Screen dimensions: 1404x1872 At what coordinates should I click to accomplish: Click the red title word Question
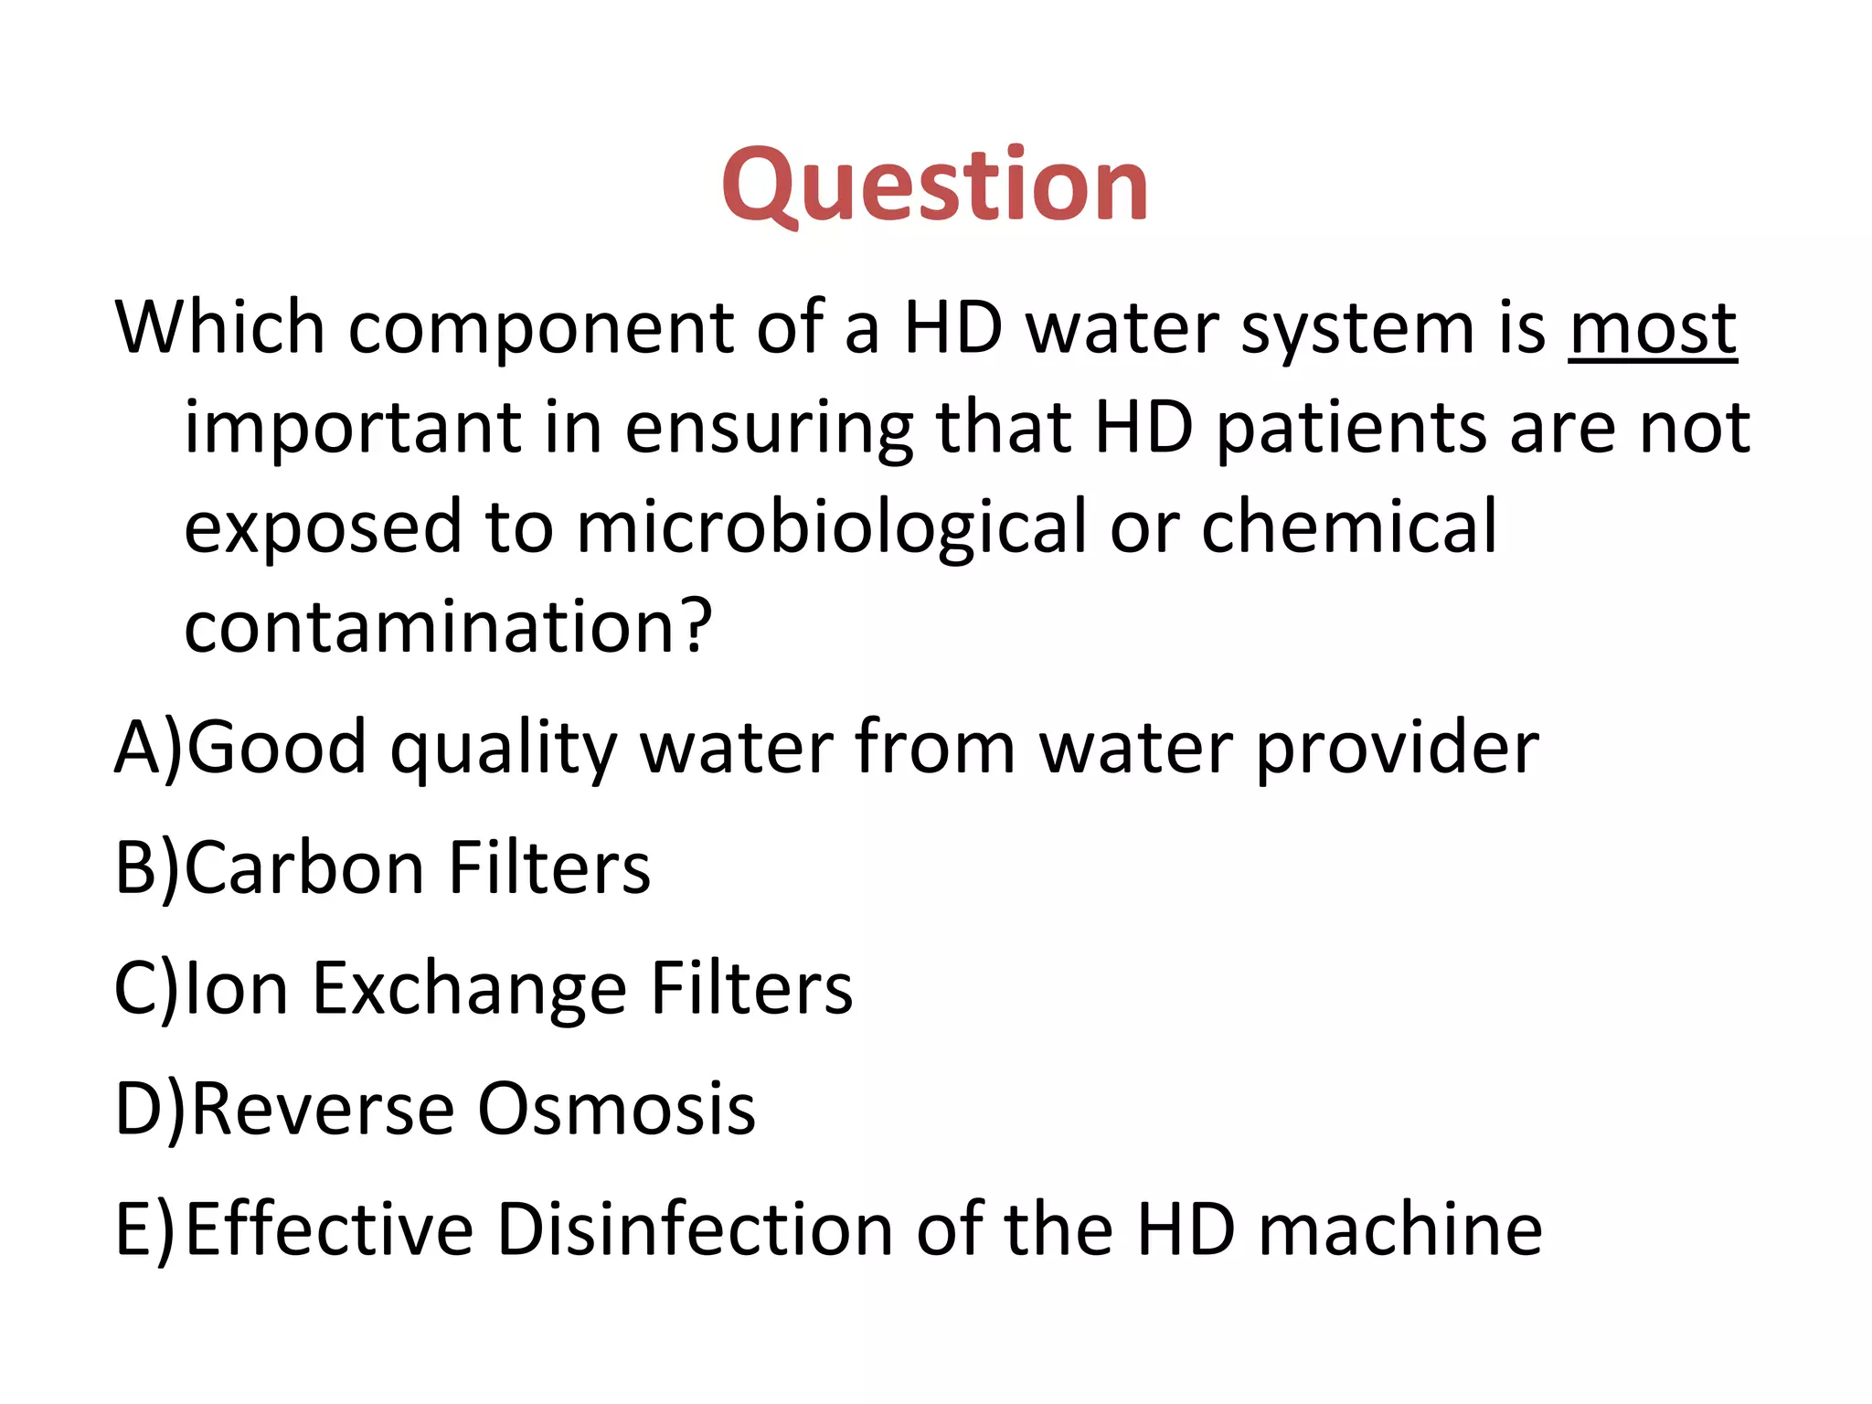click(x=934, y=187)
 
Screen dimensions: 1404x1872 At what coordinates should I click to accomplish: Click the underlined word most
click(x=1653, y=329)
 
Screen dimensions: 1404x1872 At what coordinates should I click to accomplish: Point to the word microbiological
click(x=832, y=528)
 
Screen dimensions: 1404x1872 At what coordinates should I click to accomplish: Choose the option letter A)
click(x=149, y=748)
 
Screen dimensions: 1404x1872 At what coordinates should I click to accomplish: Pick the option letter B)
click(x=149, y=868)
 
